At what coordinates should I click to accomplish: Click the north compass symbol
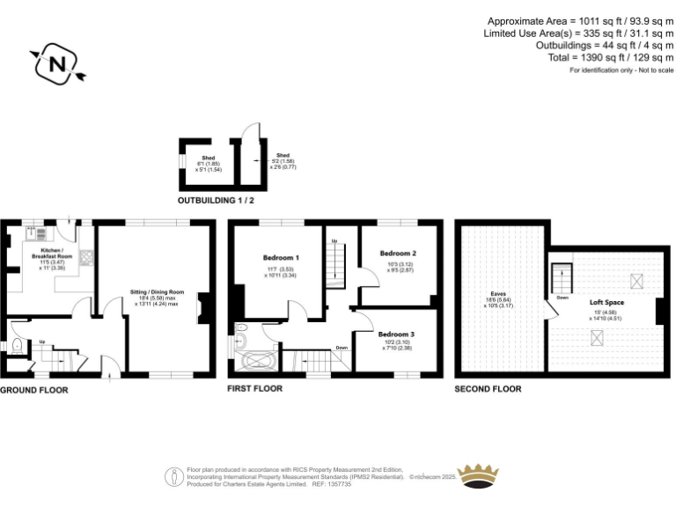click(57, 63)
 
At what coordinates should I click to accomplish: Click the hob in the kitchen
click(86, 258)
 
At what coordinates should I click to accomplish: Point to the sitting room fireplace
click(205, 307)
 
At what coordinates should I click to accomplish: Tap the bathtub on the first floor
click(258, 360)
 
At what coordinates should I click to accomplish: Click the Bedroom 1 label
click(281, 257)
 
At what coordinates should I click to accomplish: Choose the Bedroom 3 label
click(396, 334)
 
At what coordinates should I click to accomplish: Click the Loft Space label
click(606, 302)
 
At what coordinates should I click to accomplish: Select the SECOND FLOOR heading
click(488, 388)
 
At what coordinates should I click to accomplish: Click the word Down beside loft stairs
click(562, 298)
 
